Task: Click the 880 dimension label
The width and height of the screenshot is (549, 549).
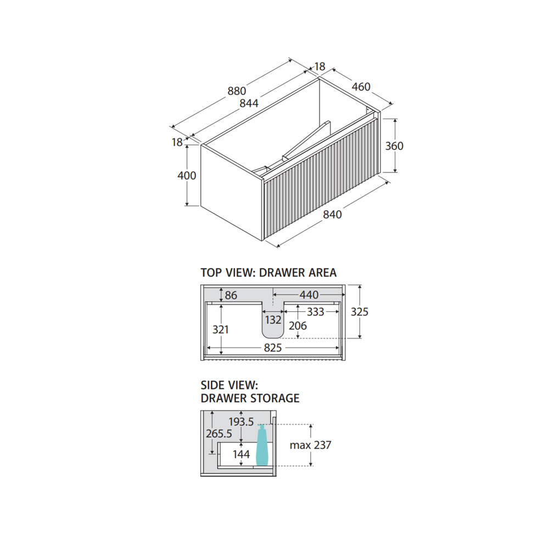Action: [x=237, y=91]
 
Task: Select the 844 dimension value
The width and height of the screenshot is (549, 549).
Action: [x=249, y=103]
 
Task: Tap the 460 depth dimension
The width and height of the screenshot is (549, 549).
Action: [x=361, y=87]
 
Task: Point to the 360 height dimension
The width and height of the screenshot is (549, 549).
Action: [x=394, y=145]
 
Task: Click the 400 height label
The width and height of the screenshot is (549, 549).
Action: [x=187, y=176]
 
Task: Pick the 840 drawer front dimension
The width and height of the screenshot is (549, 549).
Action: [x=332, y=214]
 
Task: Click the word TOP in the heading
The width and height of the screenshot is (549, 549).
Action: [x=211, y=272]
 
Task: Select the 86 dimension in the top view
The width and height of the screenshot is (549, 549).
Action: [x=231, y=295]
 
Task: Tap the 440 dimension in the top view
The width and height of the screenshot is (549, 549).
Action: [x=309, y=295]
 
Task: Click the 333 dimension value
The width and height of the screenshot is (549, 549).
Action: [x=316, y=312]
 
